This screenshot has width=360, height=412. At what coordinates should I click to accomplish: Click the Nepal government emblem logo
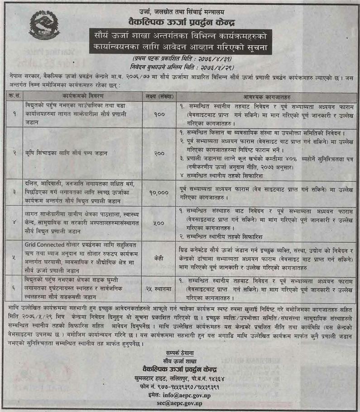44,27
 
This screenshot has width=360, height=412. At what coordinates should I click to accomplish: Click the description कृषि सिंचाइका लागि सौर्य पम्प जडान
67,153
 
